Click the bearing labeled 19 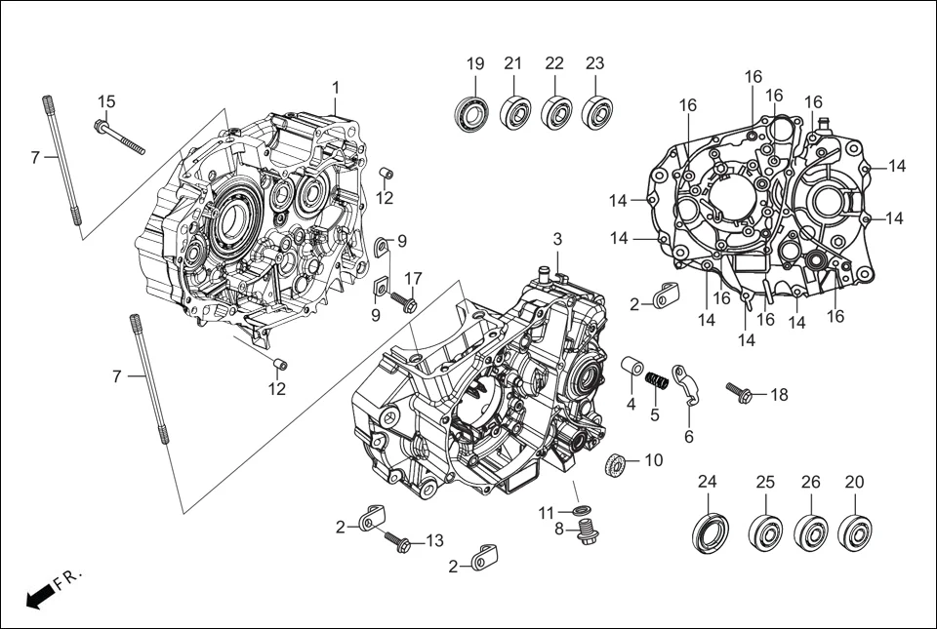[x=474, y=112]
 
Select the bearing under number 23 [x=596, y=112]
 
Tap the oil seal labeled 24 [x=709, y=531]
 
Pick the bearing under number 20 [x=856, y=531]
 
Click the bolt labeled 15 [x=119, y=136]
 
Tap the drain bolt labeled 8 [x=587, y=531]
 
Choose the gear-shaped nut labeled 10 [x=617, y=465]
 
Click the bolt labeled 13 [x=399, y=541]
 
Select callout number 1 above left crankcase [x=335, y=87]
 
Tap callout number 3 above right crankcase [x=557, y=239]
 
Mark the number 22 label [x=554, y=63]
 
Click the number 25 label [x=765, y=482]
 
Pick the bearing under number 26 [x=811, y=531]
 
